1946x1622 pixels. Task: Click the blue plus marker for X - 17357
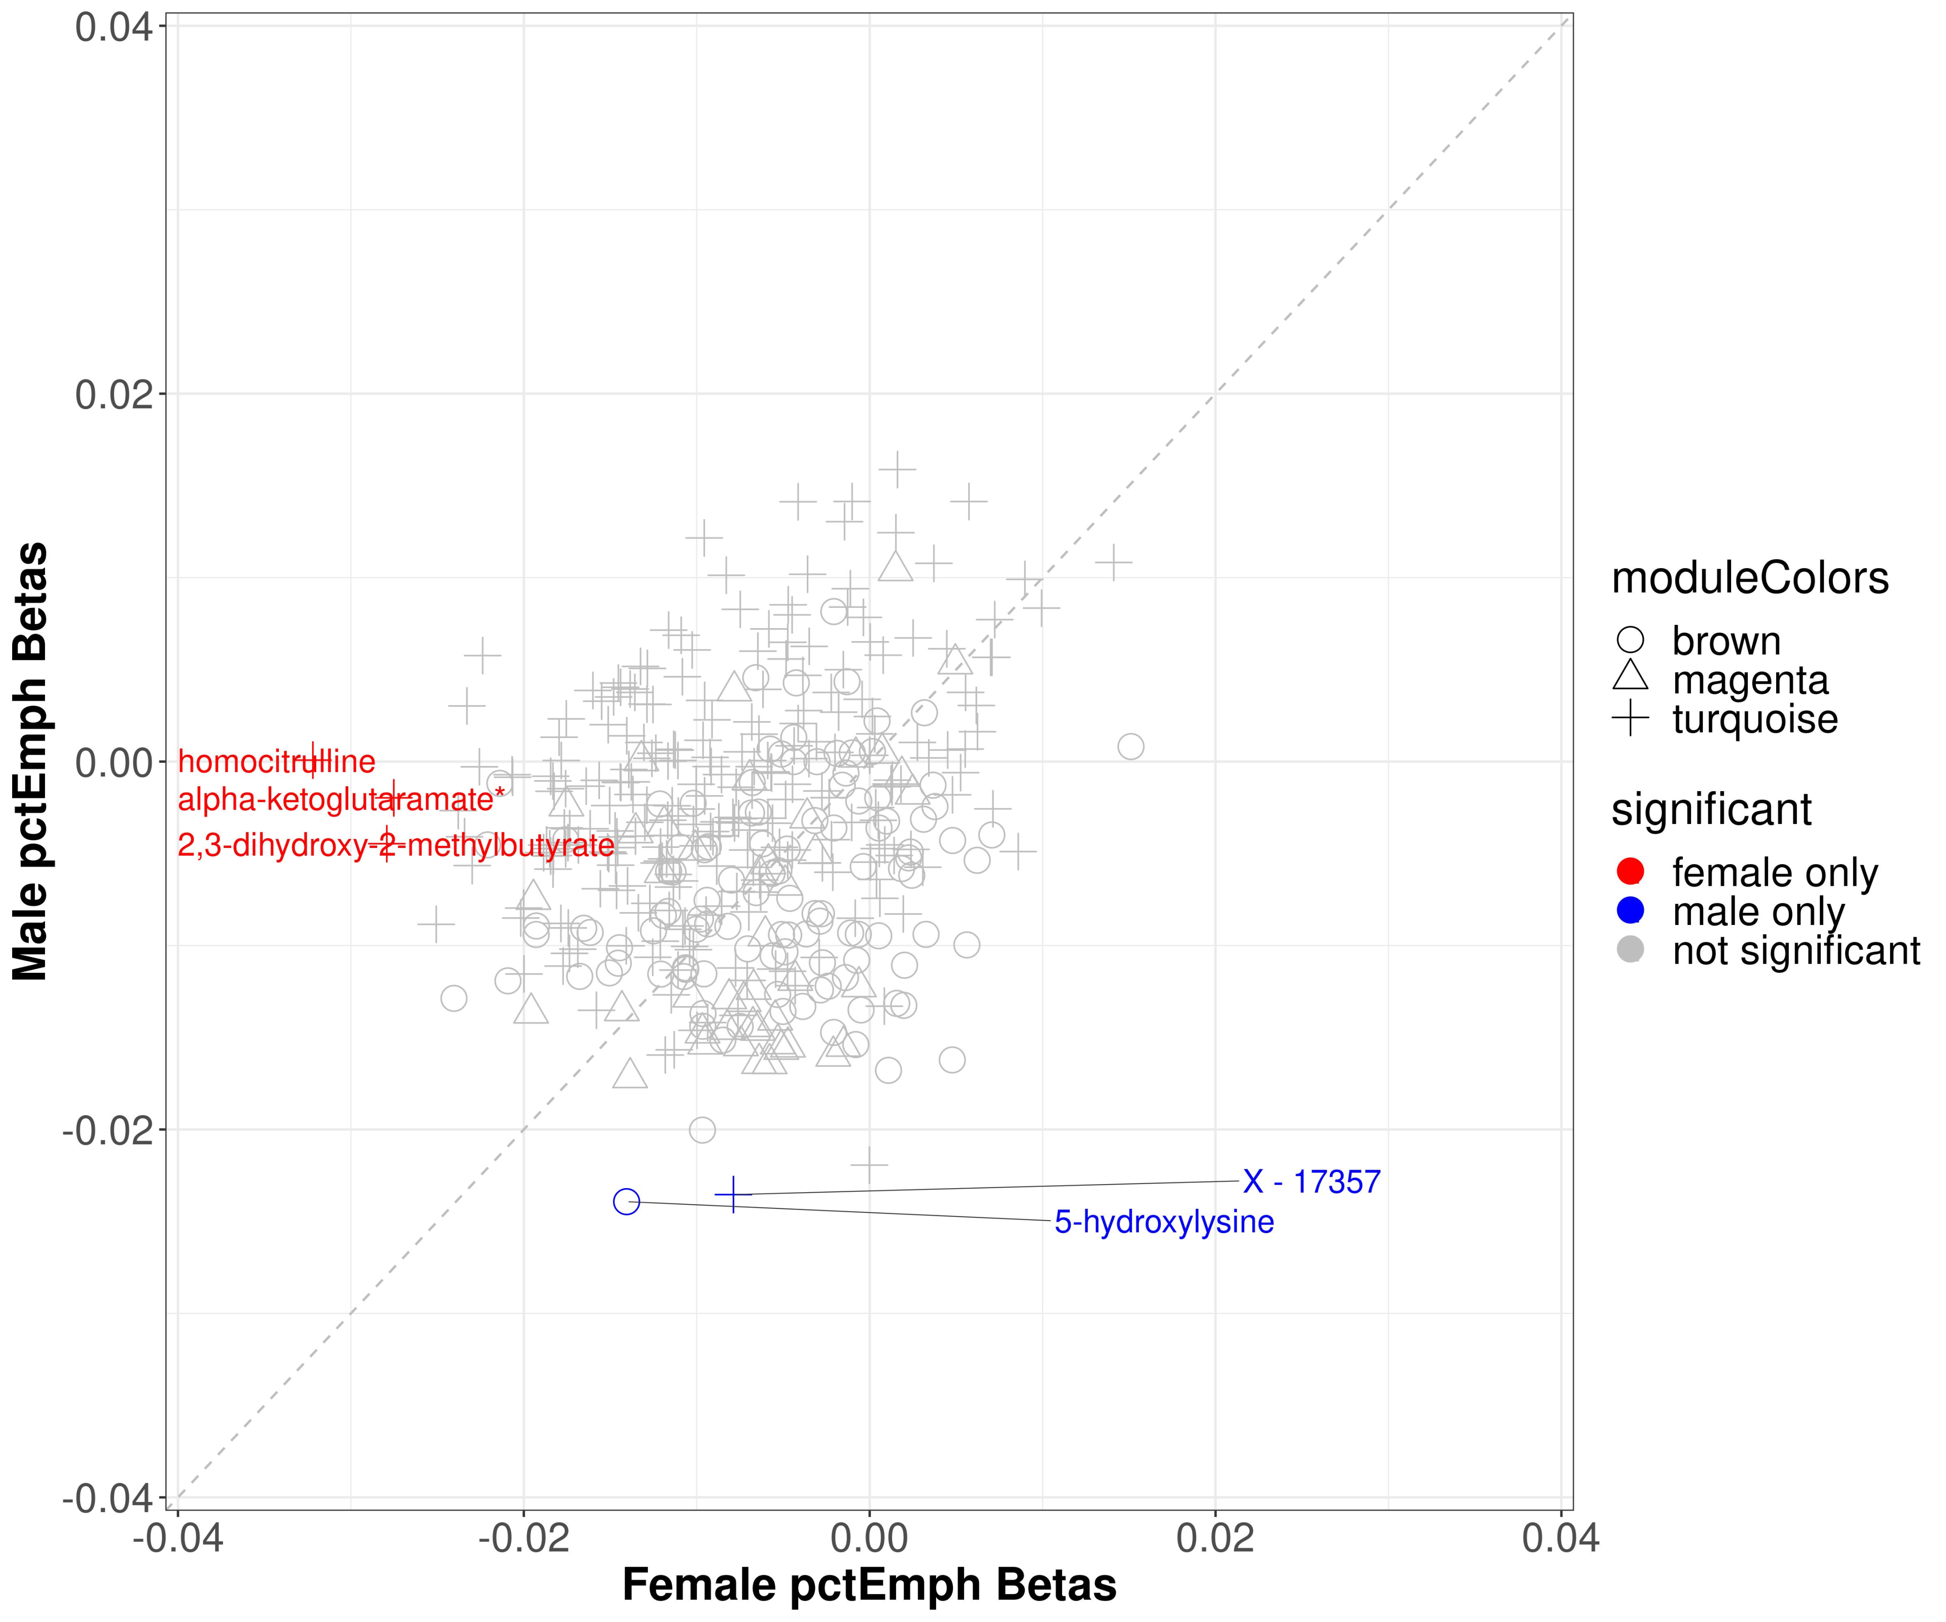733,1194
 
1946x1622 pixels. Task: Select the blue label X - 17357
1311,1182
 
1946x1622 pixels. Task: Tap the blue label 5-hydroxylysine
1164,1221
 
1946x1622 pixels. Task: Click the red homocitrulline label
276,762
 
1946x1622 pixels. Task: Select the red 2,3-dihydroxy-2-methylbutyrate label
396,845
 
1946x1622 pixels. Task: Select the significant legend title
1710,809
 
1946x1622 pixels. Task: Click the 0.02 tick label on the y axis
113,395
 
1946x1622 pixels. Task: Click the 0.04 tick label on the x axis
1560,1539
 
